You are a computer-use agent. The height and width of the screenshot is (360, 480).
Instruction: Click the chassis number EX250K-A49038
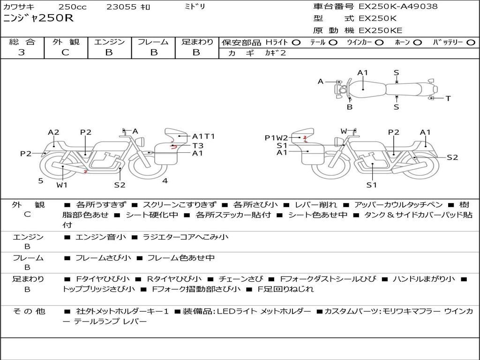(398, 6)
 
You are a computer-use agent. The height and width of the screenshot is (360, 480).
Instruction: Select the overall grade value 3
(22, 52)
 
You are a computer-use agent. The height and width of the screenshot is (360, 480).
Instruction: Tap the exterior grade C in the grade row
(65, 52)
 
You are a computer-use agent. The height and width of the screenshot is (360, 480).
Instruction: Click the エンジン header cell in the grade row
(109, 42)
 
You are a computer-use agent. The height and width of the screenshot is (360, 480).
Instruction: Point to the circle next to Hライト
(296, 43)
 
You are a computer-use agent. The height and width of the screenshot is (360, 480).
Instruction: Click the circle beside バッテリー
(471, 43)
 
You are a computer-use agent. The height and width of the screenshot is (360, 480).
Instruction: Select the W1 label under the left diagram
(62, 185)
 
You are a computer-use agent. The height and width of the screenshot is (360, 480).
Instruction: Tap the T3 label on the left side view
(198, 145)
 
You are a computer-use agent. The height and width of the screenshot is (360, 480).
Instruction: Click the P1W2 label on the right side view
(276, 138)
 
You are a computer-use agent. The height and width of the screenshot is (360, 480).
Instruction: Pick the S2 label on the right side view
(452, 157)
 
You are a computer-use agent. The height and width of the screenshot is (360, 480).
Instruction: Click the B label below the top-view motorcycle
(350, 107)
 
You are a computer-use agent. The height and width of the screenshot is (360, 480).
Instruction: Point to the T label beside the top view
(448, 98)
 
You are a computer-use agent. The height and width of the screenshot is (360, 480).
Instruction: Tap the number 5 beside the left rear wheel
(41, 180)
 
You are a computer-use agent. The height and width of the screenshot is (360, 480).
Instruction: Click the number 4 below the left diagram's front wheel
(165, 180)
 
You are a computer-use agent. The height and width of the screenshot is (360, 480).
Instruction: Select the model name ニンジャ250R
(38, 18)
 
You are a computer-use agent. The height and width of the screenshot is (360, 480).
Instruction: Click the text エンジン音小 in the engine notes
(100, 237)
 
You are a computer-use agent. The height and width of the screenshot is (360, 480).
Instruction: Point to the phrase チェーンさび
(240, 279)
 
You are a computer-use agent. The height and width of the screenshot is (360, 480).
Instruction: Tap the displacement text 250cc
(73, 7)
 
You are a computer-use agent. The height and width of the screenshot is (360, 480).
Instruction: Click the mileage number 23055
(121, 7)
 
